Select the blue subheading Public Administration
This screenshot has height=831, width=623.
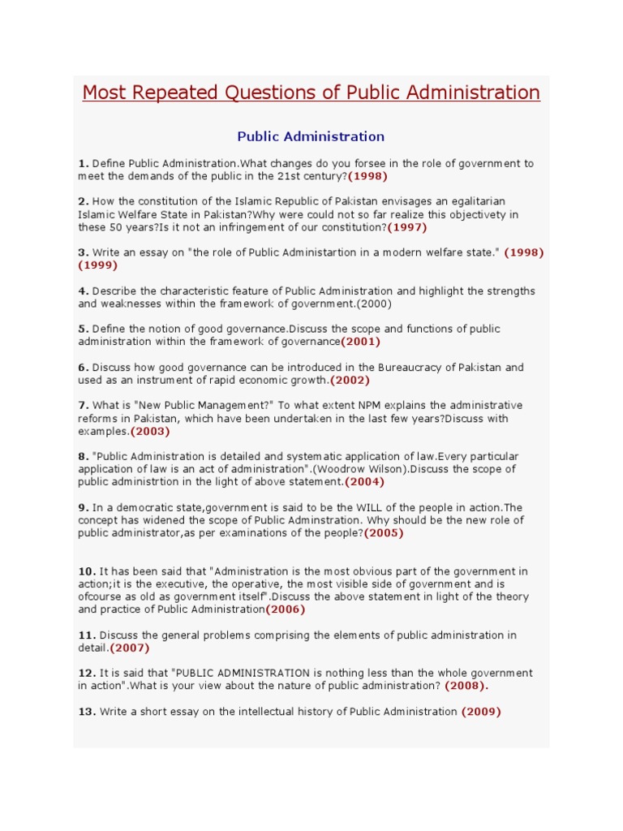pyautogui.click(x=311, y=136)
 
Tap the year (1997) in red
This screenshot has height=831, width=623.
pyautogui.click(x=406, y=227)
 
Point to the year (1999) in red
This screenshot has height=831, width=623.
pyautogui.click(x=97, y=265)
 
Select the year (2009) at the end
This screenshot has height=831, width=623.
pyautogui.click(x=481, y=712)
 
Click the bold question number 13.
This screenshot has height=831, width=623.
pyautogui.click(x=87, y=712)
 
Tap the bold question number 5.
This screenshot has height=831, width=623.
pyautogui.click(x=83, y=329)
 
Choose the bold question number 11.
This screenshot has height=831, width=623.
pyautogui.click(x=87, y=635)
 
